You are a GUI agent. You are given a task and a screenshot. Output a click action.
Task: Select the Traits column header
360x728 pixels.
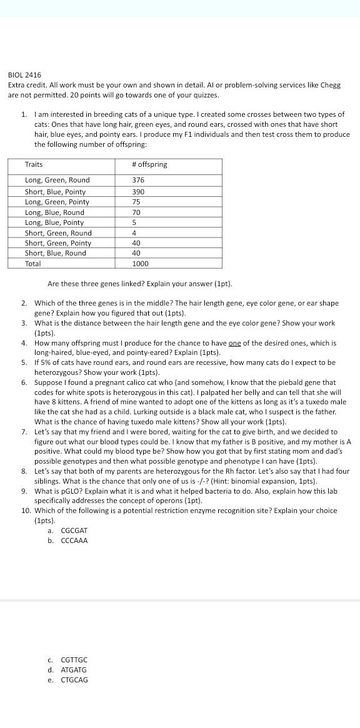[x=34, y=164]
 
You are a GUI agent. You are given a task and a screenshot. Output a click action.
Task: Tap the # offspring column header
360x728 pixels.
[x=149, y=164]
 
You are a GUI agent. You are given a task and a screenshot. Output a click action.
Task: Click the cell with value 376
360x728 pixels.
[x=138, y=180]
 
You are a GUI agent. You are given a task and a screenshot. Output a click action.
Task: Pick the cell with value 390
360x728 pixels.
[x=138, y=192]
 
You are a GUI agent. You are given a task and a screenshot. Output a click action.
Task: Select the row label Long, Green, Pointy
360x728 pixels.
[x=57, y=202]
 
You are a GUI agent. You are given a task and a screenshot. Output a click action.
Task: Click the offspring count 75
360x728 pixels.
[x=136, y=202]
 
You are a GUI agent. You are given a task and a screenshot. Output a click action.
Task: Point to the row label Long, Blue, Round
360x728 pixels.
[x=54, y=212]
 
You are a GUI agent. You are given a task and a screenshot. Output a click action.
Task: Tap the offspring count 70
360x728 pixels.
[x=136, y=212]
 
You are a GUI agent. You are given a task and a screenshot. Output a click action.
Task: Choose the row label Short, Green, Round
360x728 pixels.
[x=58, y=233]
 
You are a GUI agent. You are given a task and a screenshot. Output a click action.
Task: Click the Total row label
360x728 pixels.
[x=33, y=264]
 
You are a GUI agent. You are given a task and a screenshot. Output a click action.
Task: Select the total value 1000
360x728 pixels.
[x=140, y=264]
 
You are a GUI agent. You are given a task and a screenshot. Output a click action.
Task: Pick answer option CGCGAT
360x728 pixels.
[x=74, y=531]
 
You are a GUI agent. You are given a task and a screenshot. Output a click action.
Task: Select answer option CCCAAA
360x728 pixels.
[x=74, y=541]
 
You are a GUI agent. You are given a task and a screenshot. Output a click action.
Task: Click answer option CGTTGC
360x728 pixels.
[x=74, y=660]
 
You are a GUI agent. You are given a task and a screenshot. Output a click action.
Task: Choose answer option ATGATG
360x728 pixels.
[x=74, y=670]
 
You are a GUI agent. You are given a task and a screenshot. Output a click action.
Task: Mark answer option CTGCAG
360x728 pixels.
[x=74, y=680]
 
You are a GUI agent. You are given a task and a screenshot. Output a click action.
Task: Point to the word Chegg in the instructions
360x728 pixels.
[x=331, y=85]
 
